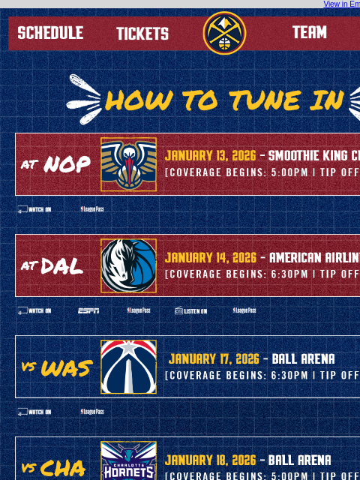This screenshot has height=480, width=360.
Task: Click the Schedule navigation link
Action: pos(50,33)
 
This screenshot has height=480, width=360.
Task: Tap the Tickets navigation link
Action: pos(142,34)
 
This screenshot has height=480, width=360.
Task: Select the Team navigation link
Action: pos(309,32)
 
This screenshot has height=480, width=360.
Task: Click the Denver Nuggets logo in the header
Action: pos(224,33)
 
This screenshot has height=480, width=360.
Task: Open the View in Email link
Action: pos(341,4)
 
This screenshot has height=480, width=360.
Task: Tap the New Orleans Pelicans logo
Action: pos(129,164)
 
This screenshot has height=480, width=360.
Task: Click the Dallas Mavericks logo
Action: pos(129,265)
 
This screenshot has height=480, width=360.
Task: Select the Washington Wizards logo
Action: pos(129,367)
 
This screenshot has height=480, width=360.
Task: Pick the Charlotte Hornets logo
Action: pos(129,460)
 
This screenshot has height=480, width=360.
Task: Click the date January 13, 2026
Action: pos(211,156)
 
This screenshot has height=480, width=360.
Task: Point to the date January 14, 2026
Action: pos(211,257)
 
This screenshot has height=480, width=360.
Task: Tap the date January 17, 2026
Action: pos(214,358)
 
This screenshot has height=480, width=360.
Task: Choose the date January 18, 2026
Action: pos(211,460)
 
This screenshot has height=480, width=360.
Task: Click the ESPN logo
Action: pos(88,310)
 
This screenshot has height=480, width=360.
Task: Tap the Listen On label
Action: pos(191,310)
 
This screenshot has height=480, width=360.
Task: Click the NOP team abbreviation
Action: pos(67,164)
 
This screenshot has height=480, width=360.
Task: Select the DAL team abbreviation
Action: pos(62,265)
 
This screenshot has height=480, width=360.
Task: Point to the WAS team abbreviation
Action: pos(66,367)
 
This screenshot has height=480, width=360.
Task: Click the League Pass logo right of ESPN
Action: pos(138,310)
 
